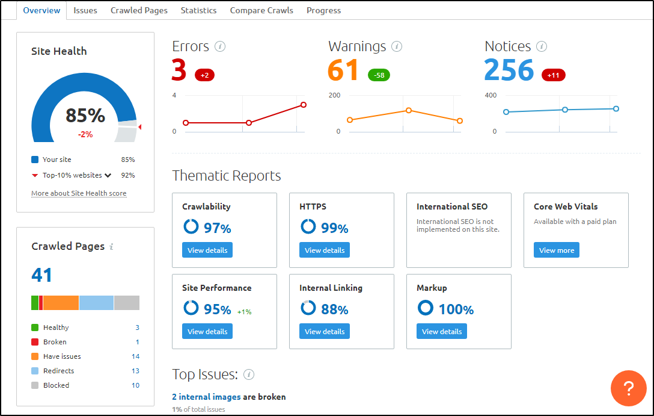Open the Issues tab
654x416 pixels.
(x=85, y=10)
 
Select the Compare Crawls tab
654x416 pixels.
(x=261, y=10)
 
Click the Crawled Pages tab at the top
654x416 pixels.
(x=139, y=10)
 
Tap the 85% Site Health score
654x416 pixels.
(x=85, y=116)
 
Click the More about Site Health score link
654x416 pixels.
(x=79, y=193)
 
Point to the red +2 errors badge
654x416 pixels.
(x=204, y=75)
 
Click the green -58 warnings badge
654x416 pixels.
(x=379, y=75)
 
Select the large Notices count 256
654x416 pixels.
(x=509, y=70)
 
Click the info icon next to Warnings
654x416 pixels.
(x=397, y=46)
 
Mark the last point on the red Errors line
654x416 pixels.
(x=304, y=105)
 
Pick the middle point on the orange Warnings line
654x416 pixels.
(x=409, y=110)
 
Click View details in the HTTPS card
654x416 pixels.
(x=325, y=250)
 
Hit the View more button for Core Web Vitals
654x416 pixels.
(x=557, y=250)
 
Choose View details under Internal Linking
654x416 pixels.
(x=325, y=331)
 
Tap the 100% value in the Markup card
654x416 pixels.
(x=456, y=309)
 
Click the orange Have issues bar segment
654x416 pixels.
(x=61, y=303)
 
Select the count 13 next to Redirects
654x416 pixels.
(x=135, y=371)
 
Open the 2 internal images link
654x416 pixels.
(x=206, y=397)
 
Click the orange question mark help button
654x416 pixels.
(x=628, y=388)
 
